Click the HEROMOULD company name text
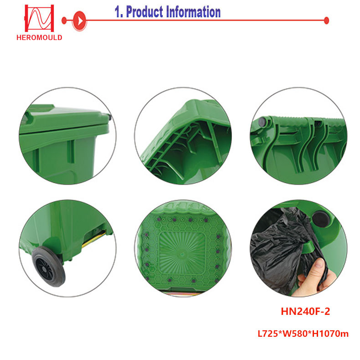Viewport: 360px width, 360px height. tap(39, 37)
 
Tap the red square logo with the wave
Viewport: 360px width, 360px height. tap(39, 18)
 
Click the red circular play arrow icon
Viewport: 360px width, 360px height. tap(79, 21)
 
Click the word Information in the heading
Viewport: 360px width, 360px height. tap(193, 12)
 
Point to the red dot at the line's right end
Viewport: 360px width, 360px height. tap(326, 21)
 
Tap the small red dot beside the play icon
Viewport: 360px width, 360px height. tap(64, 21)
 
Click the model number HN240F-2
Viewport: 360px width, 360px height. tap(305, 311)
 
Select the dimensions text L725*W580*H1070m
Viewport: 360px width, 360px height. tap(303, 334)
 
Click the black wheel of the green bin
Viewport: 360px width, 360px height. tap(48, 266)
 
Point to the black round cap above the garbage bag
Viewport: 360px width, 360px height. tap(321, 219)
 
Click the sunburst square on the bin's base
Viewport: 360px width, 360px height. tap(182, 254)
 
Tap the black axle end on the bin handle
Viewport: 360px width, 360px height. tap(262, 122)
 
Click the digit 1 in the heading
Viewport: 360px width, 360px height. tap(118, 12)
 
